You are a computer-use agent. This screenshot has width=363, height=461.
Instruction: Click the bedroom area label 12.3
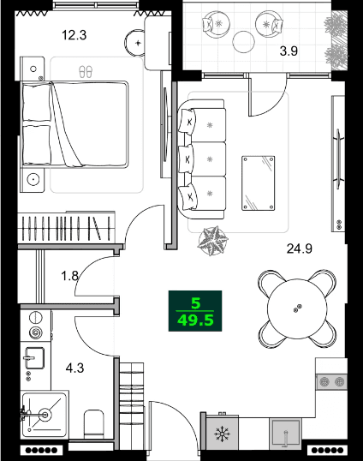click(x=76, y=36)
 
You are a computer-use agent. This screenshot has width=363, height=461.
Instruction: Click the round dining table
click(x=296, y=308)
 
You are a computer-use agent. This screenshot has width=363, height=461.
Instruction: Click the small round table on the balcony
click(x=245, y=40)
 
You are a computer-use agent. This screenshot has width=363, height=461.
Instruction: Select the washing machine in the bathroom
click(x=37, y=331)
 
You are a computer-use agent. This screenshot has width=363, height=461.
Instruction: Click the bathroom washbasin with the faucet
click(x=42, y=412)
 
